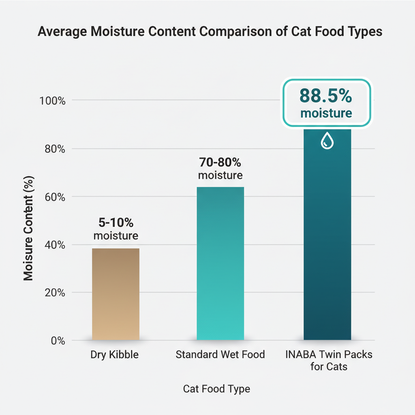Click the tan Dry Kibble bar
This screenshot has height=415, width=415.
tap(116, 294)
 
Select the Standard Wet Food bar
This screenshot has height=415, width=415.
tap(220, 263)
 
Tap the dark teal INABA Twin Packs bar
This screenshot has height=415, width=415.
tap(327, 243)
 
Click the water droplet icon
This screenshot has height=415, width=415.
tap(327, 141)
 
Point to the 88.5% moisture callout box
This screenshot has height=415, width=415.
tap(326, 102)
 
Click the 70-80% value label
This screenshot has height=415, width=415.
tap(220, 163)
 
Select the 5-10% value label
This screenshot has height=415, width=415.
tap(116, 223)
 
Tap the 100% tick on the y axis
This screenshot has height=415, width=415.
tap(52, 101)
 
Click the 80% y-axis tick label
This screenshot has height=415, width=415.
tap(54, 149)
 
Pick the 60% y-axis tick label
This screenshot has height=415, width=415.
tap(54, 197)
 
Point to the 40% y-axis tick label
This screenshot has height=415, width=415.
tap(54, 245)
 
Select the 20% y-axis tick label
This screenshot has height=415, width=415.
tap(54, 293)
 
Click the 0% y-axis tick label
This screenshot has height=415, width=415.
tap(58, 340)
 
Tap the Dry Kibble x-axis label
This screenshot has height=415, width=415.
tap(115, 355)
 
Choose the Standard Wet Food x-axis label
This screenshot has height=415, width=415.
tap(220, 355)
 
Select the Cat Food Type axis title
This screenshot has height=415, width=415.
tap(216, 389)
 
